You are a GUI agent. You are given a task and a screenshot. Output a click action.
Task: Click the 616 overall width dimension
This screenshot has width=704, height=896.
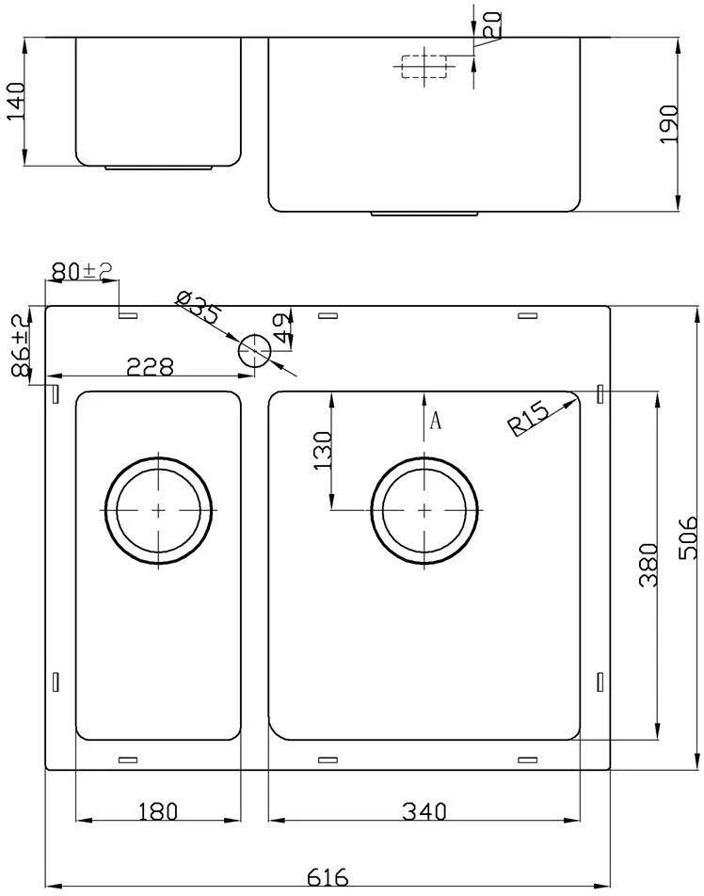click(328, 876)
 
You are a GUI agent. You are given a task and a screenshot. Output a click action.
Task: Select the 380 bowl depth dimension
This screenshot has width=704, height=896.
click(649, 565)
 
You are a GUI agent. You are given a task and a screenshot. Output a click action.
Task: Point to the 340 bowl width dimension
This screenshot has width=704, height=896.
click(424, 811)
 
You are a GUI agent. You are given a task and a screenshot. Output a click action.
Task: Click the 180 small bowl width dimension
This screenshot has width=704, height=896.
click(158, 811)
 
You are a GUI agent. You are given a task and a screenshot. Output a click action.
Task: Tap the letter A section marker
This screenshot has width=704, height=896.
click(436, 421)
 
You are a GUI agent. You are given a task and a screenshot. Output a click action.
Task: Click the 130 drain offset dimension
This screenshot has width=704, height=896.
click(324, 451)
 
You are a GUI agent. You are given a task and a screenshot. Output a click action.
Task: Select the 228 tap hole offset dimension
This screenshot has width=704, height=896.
click(150, 367)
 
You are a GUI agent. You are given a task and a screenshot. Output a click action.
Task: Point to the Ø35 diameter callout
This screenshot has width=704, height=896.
click(198, 308)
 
